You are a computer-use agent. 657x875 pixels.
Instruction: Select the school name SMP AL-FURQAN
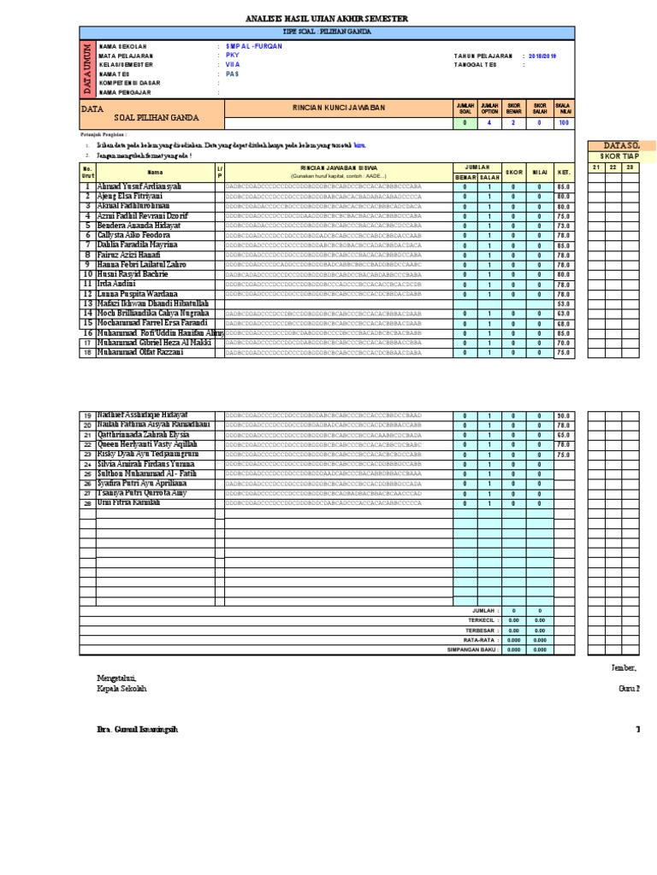[x=253, y=46]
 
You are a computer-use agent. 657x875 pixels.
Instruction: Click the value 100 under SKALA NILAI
[x=563, y=123]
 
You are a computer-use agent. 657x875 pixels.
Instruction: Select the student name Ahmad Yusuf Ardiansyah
[x=139, y=186]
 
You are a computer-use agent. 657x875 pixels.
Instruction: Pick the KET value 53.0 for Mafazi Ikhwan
[x=563, y=303]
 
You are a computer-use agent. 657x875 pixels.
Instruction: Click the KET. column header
[x=563, y=172]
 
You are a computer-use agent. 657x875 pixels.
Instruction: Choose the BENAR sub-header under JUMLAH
[x=465, y=177]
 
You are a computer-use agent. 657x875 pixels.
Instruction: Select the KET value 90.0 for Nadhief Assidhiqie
[x=563, y=416]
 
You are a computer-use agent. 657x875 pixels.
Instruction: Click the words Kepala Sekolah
[x=122, y=688]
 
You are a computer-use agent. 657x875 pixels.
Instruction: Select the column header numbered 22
[x=613, y=167]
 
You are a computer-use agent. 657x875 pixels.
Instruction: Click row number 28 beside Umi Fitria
[x=87, y=504]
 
